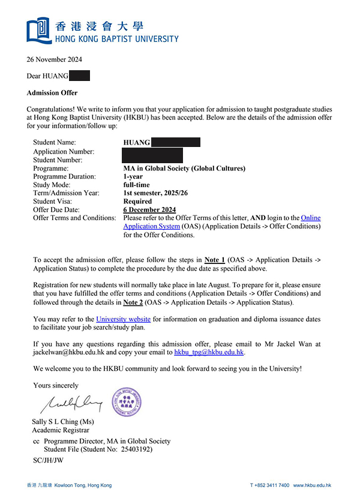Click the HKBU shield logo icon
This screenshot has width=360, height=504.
(x=38, y=29)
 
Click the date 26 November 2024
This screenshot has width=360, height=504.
(x=55, y=59)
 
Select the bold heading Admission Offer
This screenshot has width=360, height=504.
(x=52, y=93)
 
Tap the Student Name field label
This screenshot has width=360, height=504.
(x=59, y=142)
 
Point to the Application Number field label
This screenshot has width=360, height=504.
(x=64, y=152)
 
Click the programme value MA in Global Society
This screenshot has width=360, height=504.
(x=184, y=169)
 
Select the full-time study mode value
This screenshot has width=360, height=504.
(x=137, y=185)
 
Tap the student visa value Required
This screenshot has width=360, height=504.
(x=137, y=202)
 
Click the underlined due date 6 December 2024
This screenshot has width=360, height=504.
(x=149, y=210)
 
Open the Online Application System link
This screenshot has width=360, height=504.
(x=222, y=222)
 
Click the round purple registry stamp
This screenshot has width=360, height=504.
(x=127, y=403)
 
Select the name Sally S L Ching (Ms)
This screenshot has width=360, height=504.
(x=63, y=422)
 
